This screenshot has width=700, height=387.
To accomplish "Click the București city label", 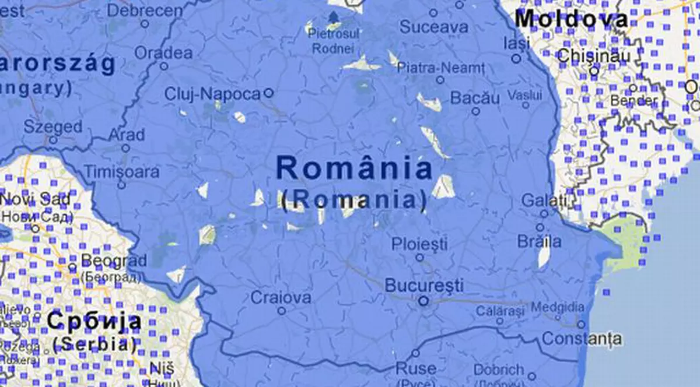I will [x=424, y=286].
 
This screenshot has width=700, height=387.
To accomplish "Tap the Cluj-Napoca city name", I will [x=212, y=94].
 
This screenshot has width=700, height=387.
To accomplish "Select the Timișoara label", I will [x=121, y=172].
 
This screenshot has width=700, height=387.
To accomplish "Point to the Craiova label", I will [x=281, y=298].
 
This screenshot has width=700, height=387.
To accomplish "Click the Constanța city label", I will [x=573, y=339].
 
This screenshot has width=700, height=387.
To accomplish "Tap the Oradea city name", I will [x=163, y=53].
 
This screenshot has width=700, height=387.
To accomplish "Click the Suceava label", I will [x=434, y=27].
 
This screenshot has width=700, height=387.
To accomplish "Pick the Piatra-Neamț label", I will [x=440, y=68].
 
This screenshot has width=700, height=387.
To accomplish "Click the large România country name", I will [x=354, y=169].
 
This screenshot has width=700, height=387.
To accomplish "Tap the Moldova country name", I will [x=571, y=19].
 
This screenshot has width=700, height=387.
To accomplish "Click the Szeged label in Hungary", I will [x=53, y=126].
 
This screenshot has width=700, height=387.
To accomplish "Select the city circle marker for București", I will [x=424, y=301].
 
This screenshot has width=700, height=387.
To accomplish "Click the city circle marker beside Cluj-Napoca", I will [x=268, y=93].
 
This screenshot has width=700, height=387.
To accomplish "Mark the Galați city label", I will [x=544, y=201].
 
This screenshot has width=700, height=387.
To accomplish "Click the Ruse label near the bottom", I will [x=415, y=368].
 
